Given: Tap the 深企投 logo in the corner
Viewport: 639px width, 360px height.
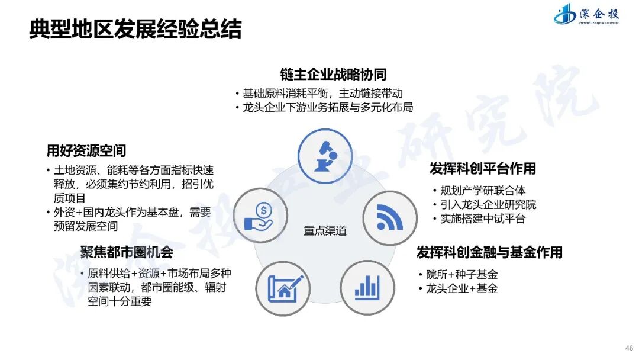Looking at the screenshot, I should pos(586,15).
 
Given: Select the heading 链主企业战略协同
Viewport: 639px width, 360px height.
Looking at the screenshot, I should pos(333,74).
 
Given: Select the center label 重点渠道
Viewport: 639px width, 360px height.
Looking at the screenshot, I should pos(325,231).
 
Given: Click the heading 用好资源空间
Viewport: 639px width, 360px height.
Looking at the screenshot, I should pos(86,151).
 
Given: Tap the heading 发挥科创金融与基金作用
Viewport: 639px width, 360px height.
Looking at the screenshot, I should pos(489,252).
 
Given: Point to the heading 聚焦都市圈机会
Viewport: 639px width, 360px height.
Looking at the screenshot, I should pos(127,252).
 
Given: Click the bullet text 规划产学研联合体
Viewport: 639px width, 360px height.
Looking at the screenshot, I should pos(483,191).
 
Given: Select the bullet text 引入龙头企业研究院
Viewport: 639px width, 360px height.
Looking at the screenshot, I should pos(488,205).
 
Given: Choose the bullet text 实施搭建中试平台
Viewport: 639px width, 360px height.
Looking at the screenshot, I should pos(483,219).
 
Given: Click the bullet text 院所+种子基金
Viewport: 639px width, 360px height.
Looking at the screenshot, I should pos(462,275).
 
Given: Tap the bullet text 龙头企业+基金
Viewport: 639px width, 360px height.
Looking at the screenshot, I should pos(462,289).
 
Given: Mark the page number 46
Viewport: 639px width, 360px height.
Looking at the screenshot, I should pos(629,348).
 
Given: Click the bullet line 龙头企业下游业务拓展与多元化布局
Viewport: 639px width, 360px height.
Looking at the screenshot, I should pos(328,108).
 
